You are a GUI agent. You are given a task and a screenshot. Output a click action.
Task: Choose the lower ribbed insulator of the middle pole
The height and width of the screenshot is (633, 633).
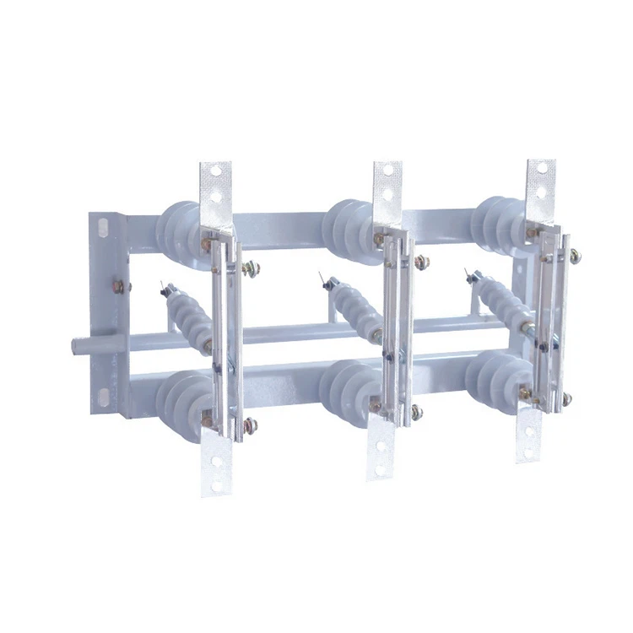tap(346, 391)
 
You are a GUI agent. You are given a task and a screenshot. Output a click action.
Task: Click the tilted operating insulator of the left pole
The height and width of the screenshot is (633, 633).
tap(187, 317)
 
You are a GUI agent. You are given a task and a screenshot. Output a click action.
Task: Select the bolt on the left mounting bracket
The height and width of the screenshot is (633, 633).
tap(118, 287)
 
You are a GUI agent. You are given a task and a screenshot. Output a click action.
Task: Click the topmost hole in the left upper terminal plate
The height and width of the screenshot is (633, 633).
tap(215, 170)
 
